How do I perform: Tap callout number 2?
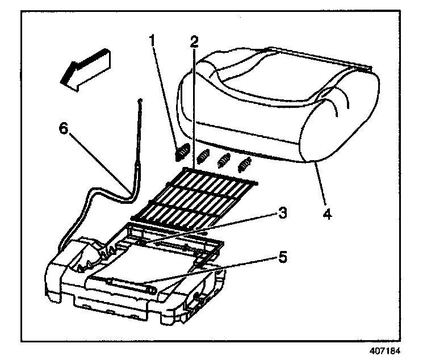[194, 40]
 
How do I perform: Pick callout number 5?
[282, 257]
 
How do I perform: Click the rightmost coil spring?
[245, 165]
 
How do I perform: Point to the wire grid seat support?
[193, 199]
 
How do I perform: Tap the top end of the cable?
[140, 102]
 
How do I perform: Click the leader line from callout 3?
[216, 227]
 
